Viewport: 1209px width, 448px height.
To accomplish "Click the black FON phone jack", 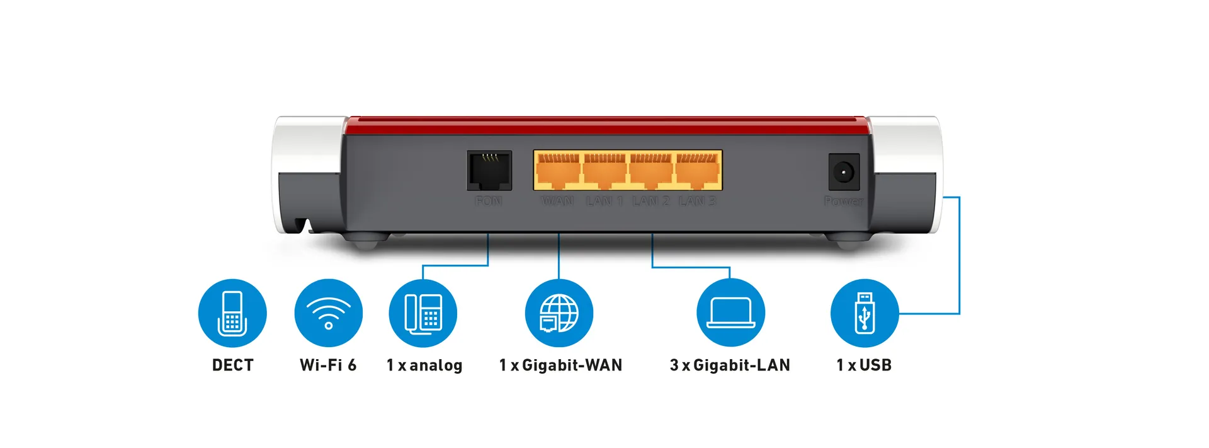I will (489, 170).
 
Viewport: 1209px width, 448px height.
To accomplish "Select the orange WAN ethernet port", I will (557, 170).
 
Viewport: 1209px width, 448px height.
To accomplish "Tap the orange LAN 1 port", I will (604, 170).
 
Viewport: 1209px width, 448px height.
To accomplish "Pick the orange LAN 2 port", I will (651, 170).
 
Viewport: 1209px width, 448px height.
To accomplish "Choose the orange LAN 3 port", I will (698, 170).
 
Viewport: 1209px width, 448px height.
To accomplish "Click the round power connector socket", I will (843, 171).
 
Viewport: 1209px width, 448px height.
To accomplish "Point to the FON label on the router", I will (488, 201).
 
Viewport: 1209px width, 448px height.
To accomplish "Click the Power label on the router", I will (843, 201).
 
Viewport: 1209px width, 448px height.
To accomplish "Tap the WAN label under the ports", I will (557, 201).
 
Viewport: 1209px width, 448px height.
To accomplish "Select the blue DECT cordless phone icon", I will (232, 313).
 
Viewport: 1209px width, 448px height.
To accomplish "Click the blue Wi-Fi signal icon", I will (328, 313).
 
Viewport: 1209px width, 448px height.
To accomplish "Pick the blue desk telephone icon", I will (423, 313).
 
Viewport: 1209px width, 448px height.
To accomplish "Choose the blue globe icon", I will (559, 313).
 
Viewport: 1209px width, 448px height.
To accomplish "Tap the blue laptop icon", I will (730, 313).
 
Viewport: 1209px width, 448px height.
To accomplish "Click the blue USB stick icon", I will (865, 313).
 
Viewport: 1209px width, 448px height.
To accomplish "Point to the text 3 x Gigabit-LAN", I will (730, 365).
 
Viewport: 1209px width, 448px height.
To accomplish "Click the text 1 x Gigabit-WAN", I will (560, 365).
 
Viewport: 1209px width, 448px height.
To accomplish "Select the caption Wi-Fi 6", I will (328, 365).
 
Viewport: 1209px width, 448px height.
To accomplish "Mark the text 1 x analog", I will (424, 365).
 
